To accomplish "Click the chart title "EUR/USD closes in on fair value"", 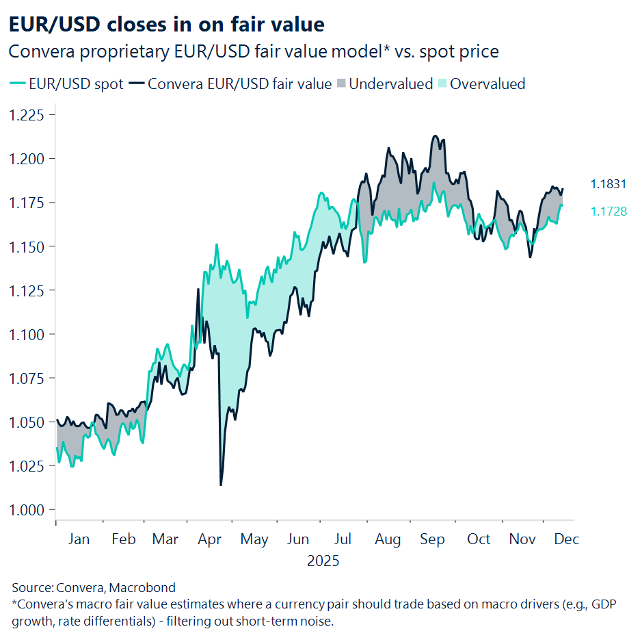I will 166,25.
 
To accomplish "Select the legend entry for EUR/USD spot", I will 67,84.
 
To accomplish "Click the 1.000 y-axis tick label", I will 26,510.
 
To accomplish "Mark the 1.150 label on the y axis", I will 26,246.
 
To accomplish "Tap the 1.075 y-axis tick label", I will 26,378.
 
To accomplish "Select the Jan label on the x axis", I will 79,539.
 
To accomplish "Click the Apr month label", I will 210,539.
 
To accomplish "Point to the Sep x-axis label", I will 432,539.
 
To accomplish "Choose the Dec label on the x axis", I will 567,539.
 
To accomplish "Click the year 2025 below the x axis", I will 323,561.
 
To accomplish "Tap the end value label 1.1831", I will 608,184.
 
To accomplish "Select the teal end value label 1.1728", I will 608,212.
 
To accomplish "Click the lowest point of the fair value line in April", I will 220,485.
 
